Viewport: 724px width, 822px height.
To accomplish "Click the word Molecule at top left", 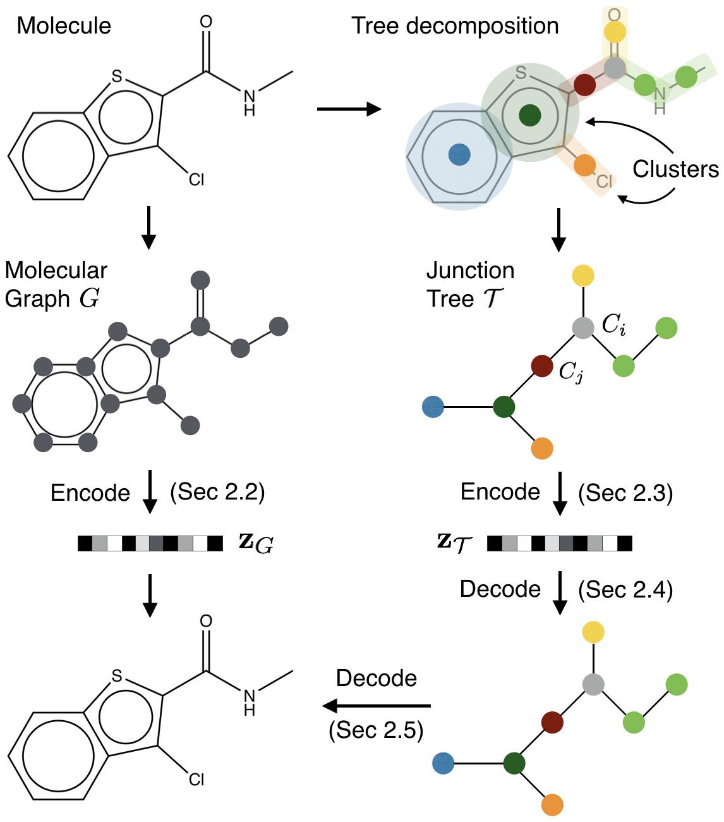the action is [x=64, y=25].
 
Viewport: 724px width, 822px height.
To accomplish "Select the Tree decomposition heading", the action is [x=454, y=27].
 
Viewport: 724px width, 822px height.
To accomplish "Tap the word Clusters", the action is [x=675, y=169].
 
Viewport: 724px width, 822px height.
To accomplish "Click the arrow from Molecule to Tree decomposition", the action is [x=349, y=109].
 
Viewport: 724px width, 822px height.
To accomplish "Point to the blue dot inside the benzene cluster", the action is [x=459, y=154].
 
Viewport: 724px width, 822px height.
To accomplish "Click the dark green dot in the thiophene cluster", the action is [x=530, y=115].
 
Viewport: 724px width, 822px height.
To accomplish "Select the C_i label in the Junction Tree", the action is [x=613, y=325].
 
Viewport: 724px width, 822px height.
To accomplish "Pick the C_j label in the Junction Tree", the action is [x=571, y=371].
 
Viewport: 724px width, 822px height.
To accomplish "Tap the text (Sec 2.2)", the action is [x=217, y=493].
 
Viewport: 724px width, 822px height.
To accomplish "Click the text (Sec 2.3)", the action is [x=625, y=493].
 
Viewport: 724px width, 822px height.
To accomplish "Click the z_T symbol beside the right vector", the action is [x=454, y=543].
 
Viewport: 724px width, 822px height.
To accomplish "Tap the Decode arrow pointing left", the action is [x=376, y=706].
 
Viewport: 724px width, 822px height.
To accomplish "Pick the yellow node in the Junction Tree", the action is [x=583, y=276].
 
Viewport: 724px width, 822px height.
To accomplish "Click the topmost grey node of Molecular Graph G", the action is [x=200, y=280].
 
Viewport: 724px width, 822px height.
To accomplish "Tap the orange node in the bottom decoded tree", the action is [x=552, y=805].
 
